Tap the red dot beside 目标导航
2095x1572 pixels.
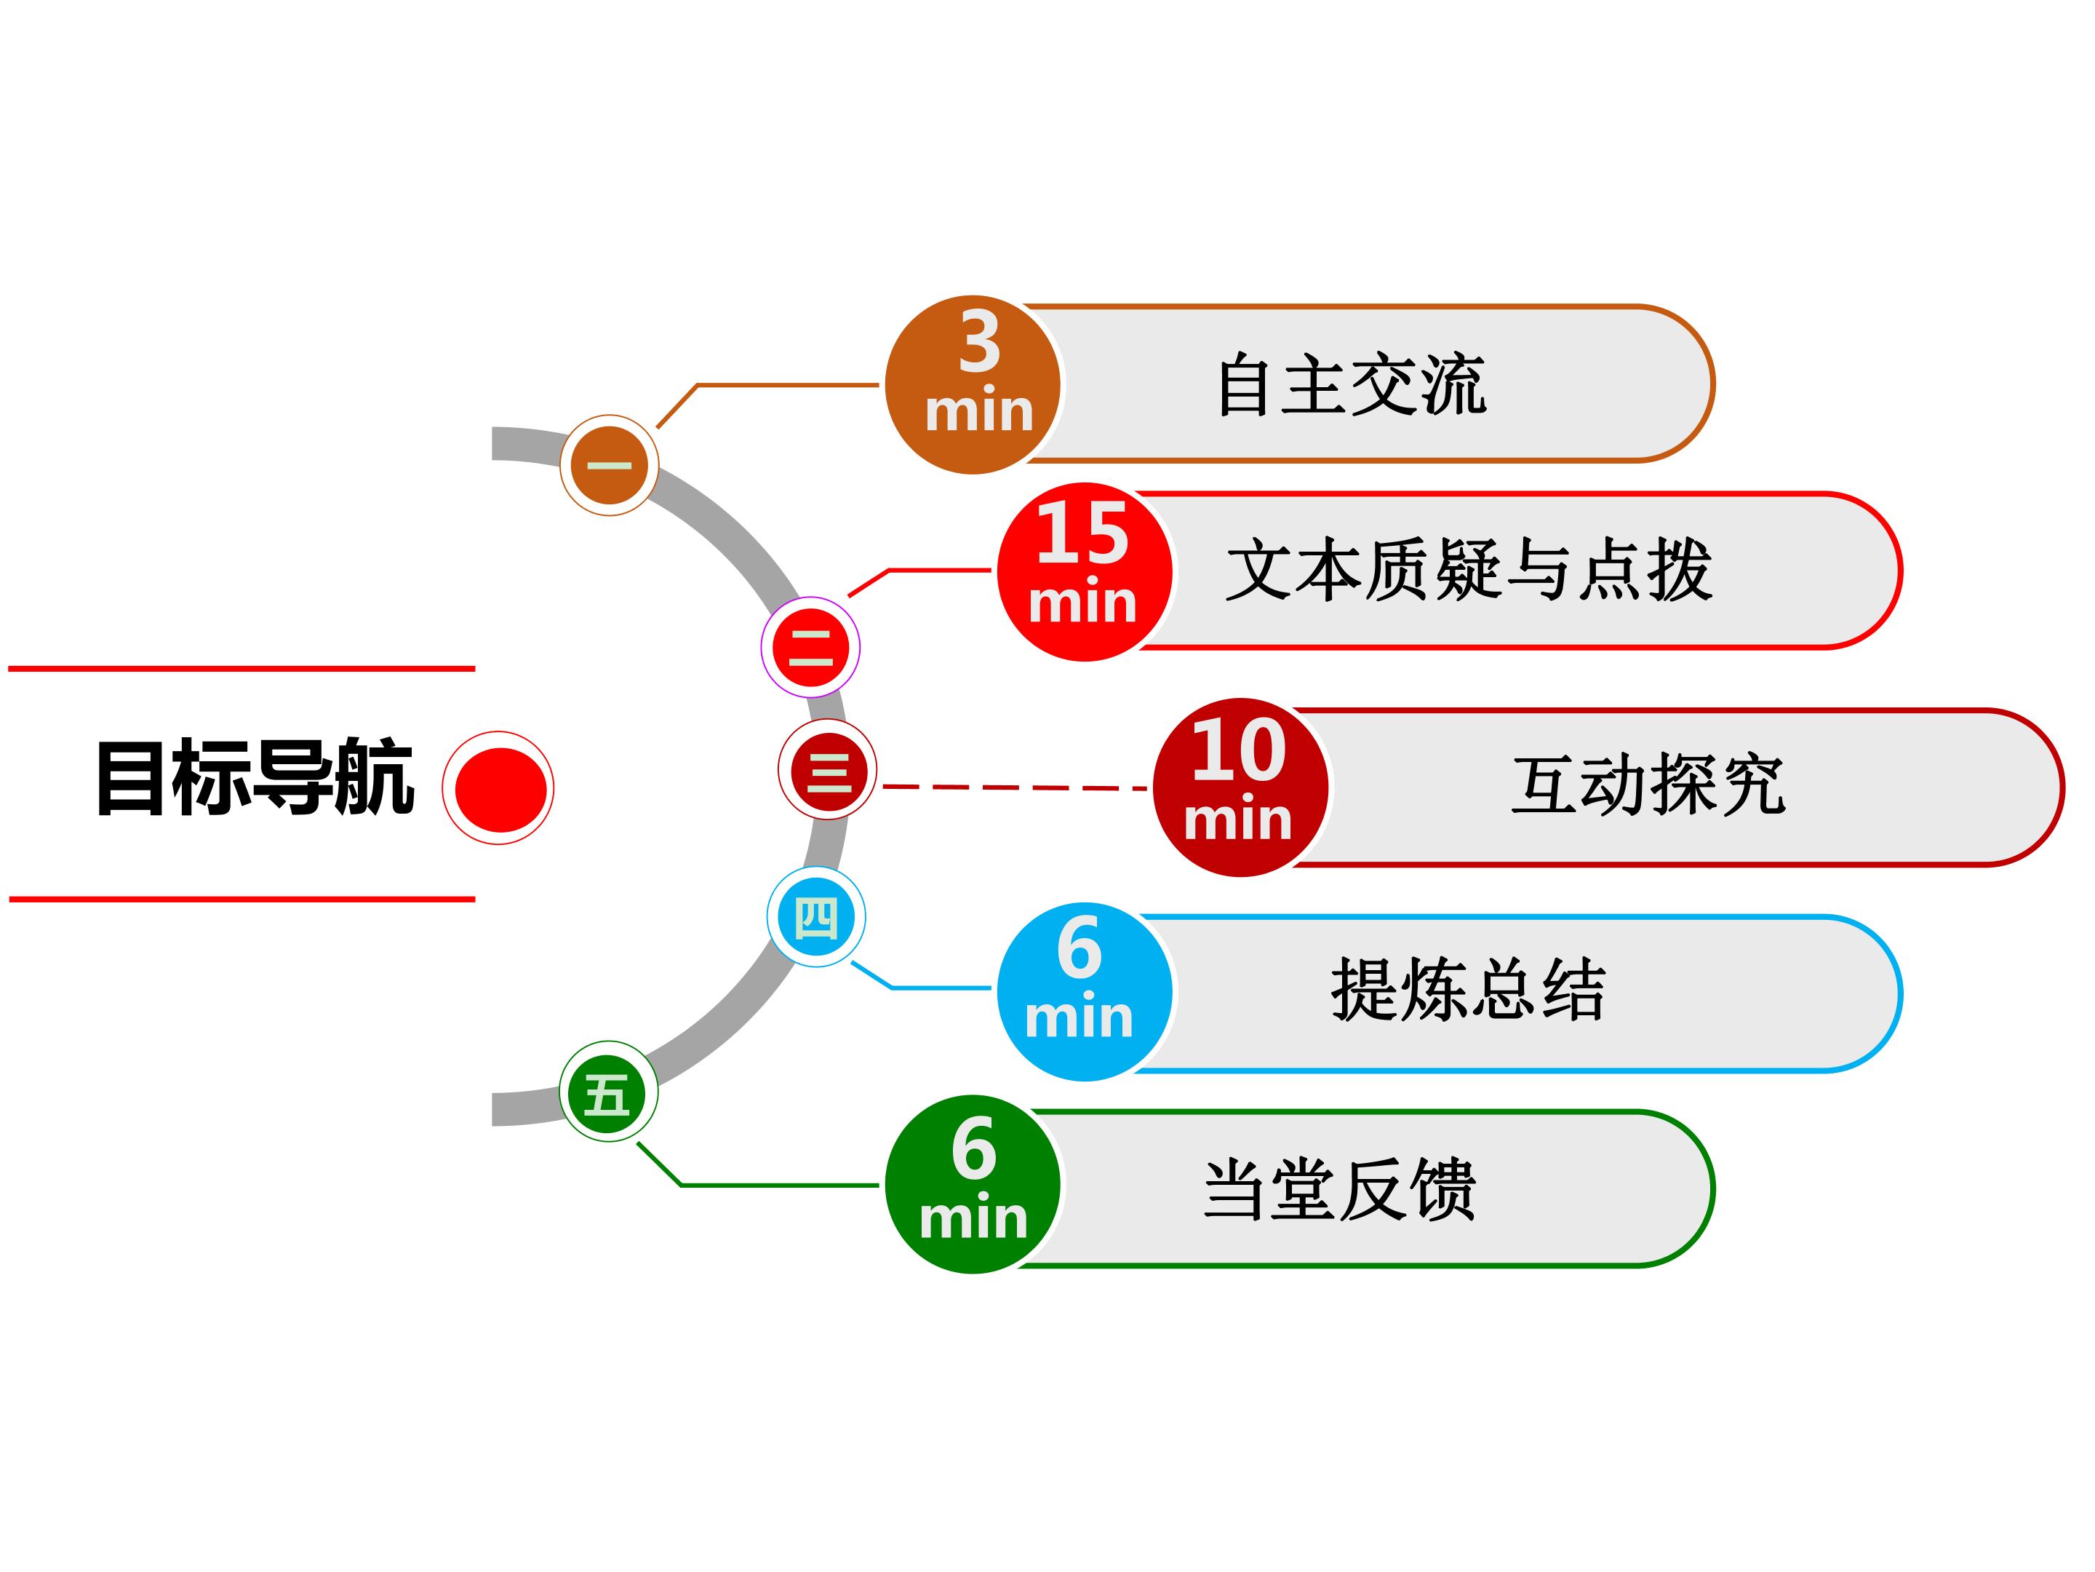coord(499,788)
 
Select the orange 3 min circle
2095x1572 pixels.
coord(973,385)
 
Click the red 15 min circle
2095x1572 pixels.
coord(1085,571)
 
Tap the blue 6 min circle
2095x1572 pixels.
coord(1085,993)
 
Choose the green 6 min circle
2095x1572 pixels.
coord(973,1184)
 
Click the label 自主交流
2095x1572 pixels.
coord(1352,385)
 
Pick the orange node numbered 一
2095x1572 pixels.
coord(610,465)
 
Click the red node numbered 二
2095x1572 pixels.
coord(811,647)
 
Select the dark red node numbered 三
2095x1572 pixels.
coord(828,769)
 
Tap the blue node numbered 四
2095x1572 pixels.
coord(816,917)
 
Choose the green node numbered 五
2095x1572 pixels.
coord(609,1092)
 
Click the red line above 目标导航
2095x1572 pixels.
coord(242,669)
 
